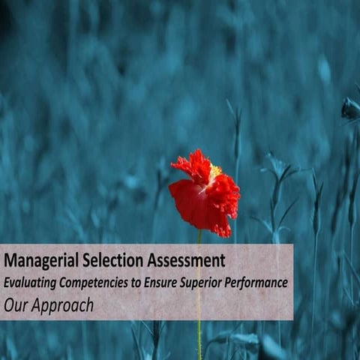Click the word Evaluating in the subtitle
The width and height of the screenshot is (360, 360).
coord(31,283)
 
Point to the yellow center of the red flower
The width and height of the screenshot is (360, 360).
coord(215,171)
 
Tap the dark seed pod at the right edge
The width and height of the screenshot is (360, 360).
coord(349,109)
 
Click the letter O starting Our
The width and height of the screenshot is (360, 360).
coord(8,305)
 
